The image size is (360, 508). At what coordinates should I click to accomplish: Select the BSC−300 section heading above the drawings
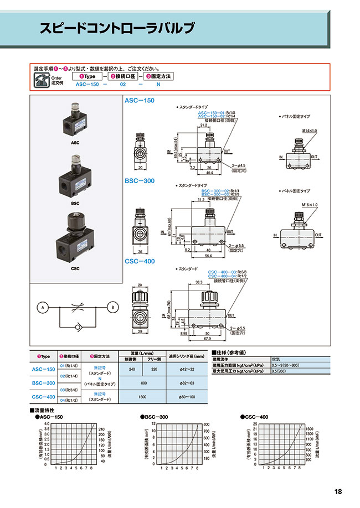click(140, 181)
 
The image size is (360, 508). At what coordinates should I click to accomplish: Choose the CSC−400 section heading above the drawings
click(140, 261)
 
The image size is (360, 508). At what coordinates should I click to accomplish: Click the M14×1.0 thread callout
click(310, 130)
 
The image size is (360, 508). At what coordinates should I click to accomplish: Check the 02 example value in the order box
click(123, 84)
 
